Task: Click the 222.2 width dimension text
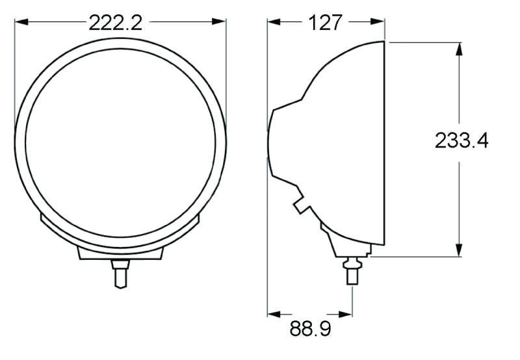(x=115, y=22)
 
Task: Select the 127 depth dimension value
(x=326, y=22)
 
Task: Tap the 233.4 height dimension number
(x=461, y=140)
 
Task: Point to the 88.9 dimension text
(x=310, y=329)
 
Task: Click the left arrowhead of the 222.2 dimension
(x=19, y=22)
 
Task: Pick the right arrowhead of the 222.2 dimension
(x=221, y=22)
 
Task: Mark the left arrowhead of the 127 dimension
(x=272, y=22)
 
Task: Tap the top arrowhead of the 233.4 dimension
(x=459, y=48)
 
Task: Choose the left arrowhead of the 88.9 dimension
(x=272, y=314)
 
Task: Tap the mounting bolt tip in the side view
(x=352, y=277)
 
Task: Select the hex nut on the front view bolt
(x=120, y=264)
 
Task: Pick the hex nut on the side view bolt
(x=352, y=263)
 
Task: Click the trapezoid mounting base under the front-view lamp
(x=120, y=253)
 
